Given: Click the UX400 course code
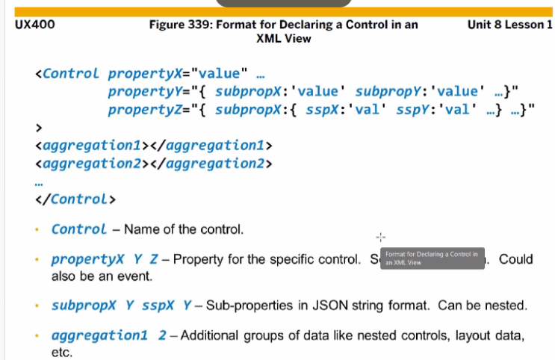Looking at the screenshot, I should tap(34, 25).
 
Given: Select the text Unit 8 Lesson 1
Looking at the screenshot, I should tap(508, 25).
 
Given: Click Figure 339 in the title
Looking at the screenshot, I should tap(179, 25).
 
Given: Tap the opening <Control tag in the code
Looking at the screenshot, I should tap(66, 73).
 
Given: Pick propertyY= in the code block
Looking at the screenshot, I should tap(149, 92).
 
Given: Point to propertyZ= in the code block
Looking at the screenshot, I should tap(149, 111).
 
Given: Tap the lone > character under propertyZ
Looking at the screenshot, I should tap(39, 128).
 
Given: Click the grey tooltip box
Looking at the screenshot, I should tap(432, 258).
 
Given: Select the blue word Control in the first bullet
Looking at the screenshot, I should tap(79, 229).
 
